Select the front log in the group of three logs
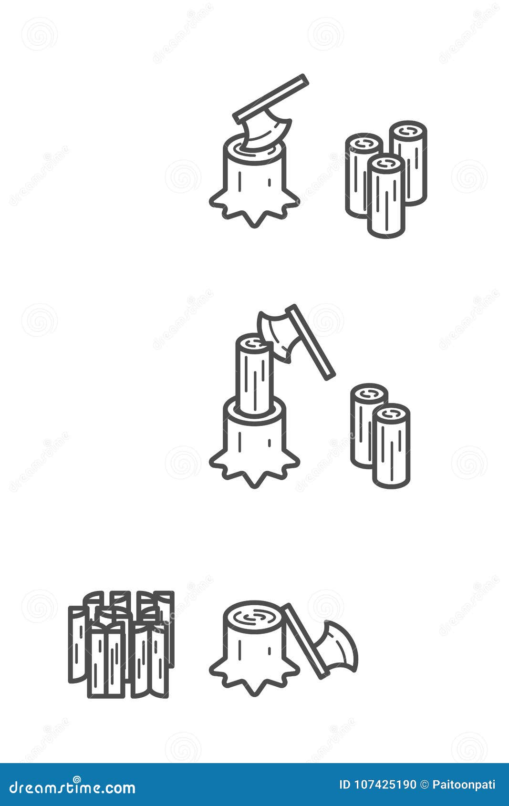pos(386,196)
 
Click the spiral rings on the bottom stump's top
pos(254,619)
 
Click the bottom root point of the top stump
pos(255,227)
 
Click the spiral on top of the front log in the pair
pos(391,414)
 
